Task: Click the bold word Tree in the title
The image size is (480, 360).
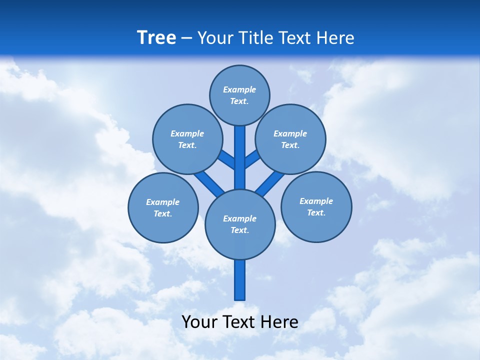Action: pyautogui.click(x=156, y=37)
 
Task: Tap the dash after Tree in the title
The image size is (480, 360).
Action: pyautogui.click(x=187, y=38)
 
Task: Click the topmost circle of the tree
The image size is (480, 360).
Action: pyautogui.click(x=239, y=95)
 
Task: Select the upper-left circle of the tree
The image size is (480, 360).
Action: pyautogui.click(x=187, y=139)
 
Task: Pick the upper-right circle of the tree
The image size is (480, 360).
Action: pyautogui.click(x=290, y=139)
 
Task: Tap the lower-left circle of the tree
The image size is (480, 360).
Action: pyautogui.click(x=163, y=207)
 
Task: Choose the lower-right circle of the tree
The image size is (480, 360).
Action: pyautogui.click(x=316, y=206)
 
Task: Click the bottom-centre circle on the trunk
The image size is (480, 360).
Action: pyautogui.click(x=240, y=224)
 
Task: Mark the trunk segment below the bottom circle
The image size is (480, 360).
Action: pyautogui.click(x=240, y=280)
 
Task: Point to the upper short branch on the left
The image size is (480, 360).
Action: pyautogui.click(x=226, y=160)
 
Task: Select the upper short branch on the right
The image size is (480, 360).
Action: pyautogui.click(x=252, y=159)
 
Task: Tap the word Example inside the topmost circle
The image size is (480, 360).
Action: pyautogui.click(x=239, y=89)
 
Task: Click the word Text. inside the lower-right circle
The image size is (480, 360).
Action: pyautogui.click(x=316, y=212)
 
